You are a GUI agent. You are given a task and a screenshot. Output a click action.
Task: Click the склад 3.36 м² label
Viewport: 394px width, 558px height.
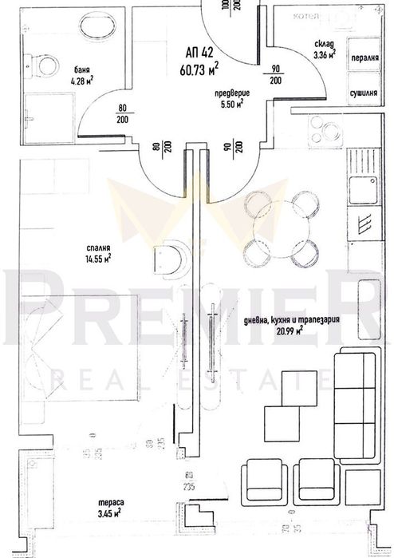323,50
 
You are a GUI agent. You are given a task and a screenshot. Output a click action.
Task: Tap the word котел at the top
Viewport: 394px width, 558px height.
306,15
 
